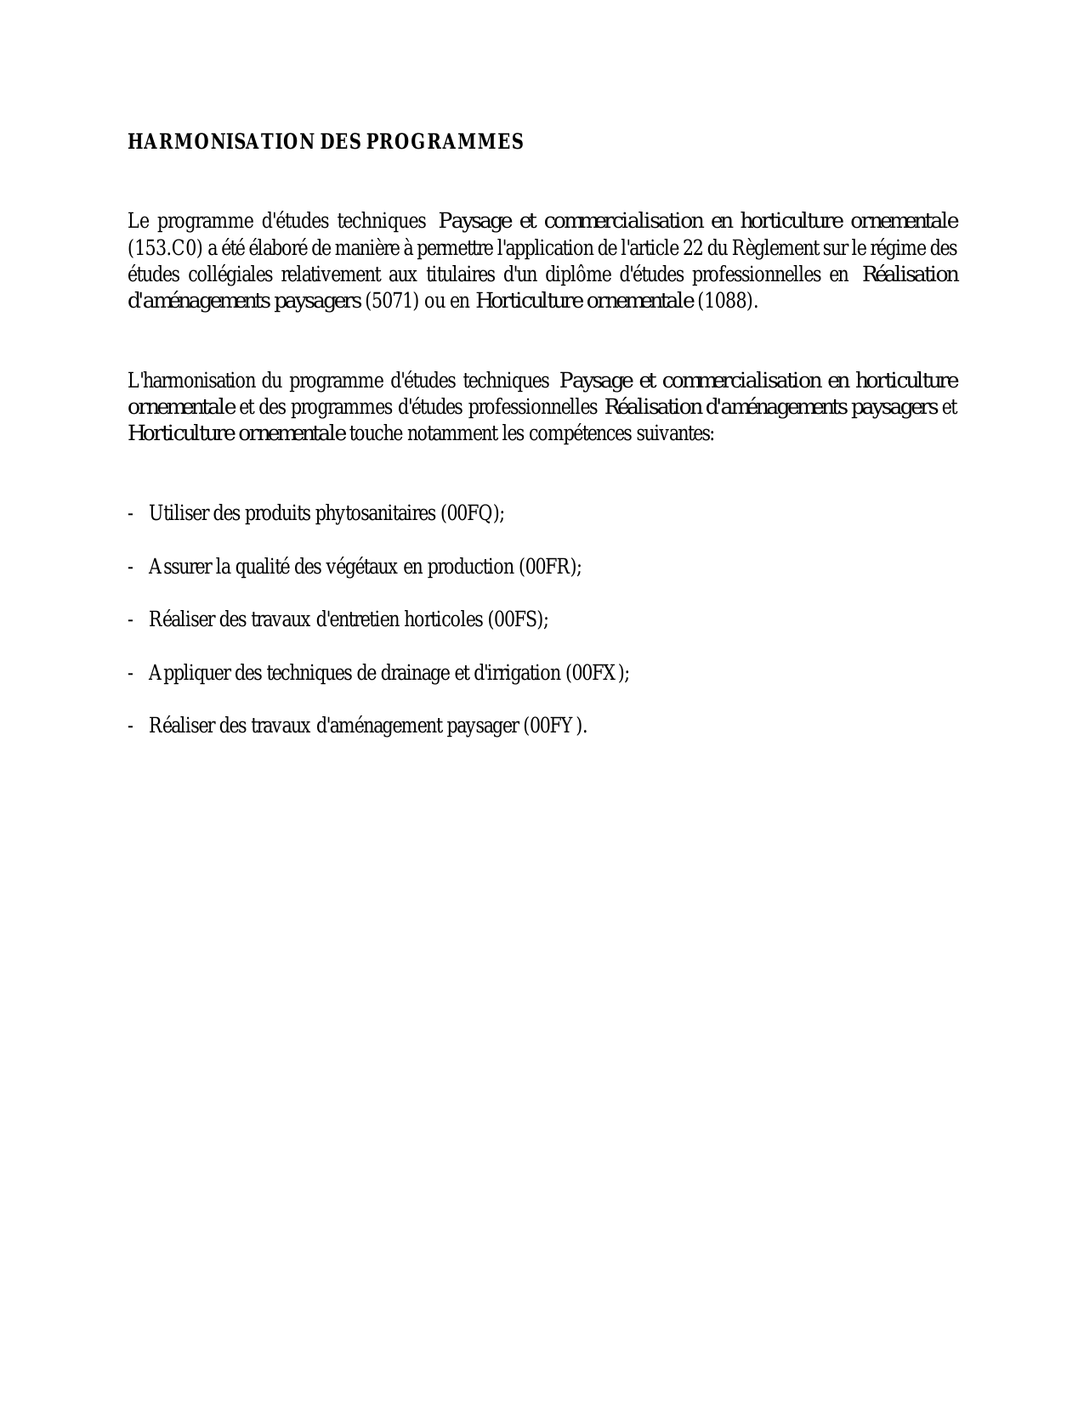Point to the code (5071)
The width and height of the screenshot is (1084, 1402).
click(x=392, y=302)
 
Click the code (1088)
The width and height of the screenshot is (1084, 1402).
click(x=725, y=302)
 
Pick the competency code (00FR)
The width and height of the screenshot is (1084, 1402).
click(x=548, y=567)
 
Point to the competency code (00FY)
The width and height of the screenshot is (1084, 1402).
click(x=553, y=726)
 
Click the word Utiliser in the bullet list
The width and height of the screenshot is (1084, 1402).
click(x=174, y=514)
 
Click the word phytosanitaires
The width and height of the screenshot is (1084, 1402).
click(x=375, y=514)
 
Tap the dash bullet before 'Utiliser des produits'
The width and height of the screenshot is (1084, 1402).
click(x=131, y=514)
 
